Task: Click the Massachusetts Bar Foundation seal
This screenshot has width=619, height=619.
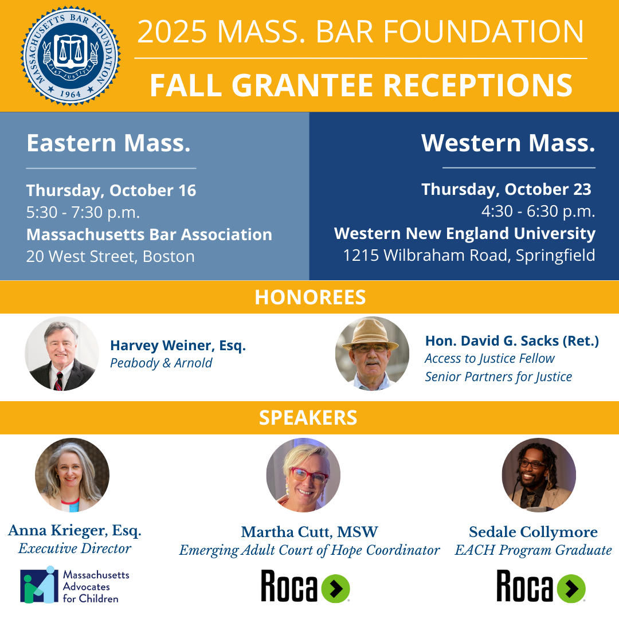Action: point(71,56)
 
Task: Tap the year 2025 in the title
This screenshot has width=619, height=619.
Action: point(171,32)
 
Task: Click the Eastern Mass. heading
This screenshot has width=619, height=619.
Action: point(108,143)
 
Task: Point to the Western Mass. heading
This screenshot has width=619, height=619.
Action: point(508,143)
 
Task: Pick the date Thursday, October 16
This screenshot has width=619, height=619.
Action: point(111,190)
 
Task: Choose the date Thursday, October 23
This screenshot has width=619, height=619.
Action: point(506,189)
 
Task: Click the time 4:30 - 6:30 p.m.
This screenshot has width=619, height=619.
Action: point(538,211)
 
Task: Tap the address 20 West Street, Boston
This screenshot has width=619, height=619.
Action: point(110,256)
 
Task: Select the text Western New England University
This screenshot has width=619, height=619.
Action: point(465,234)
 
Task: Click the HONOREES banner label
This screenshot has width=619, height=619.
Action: point(310,297)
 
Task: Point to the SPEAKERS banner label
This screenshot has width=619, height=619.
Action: point(308,418)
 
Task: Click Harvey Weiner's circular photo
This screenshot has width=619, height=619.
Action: point(62,354)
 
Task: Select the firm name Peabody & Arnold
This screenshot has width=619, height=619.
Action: point(161,363)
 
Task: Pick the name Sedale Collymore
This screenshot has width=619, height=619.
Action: point(533,532)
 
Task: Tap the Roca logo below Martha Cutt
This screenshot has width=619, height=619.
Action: point(305,586)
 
